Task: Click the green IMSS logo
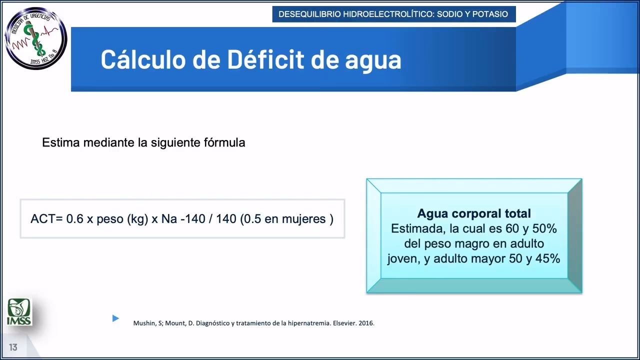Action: pyautogui.click(x=19, y=311)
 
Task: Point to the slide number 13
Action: pyautogui.click(x=13, y=347)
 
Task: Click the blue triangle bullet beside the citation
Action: pyautogui.click(x=115, y=318)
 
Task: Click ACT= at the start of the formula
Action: pyautogui.click(x=46, y=219)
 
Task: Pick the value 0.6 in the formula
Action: pyautogui.click(x=75, y=219)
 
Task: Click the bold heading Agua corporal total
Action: pyautogui.click(x=474, y=213)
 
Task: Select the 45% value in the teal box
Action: pyautogui.click(x=546, y=258)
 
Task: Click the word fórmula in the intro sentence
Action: pyautogui.click(x=224, y=142)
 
